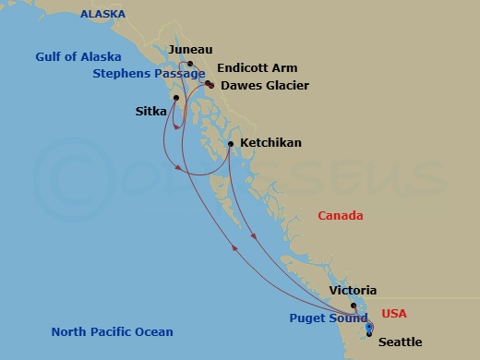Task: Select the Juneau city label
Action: [x=192, y=49]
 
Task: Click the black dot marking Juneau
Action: [x=190, y=64]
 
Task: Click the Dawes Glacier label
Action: [x=263, y=85]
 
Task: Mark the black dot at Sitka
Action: [x=174, y=98]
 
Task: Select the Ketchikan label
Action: [x=270, y=143]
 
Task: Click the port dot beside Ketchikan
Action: [x=230, y=143]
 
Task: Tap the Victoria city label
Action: [x=354, y=291]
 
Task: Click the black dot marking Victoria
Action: [x=354, y=305]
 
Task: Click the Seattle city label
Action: [x=401, y=342]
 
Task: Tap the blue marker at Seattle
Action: [x=369, y=328]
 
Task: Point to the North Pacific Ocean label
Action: [x=112, y=332]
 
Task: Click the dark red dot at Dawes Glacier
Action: [x=210, y=85]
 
